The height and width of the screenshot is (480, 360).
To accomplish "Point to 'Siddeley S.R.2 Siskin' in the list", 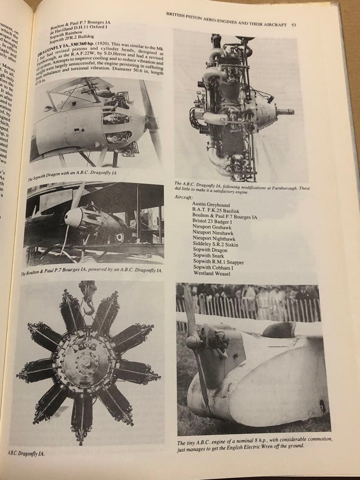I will pyautogui.click(x=216, y=244).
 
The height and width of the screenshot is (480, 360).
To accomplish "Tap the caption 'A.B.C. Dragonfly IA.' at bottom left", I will pyautogui.click(x=26, y=454).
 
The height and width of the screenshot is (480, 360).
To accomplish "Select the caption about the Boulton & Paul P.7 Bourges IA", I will pyautogui.click(x=92, y=271).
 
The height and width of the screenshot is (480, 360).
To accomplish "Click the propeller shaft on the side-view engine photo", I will pyautogui.click(x=284, y=112).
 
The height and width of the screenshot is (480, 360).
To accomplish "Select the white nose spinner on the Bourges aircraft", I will pyautogui.click(x=72, y=217).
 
